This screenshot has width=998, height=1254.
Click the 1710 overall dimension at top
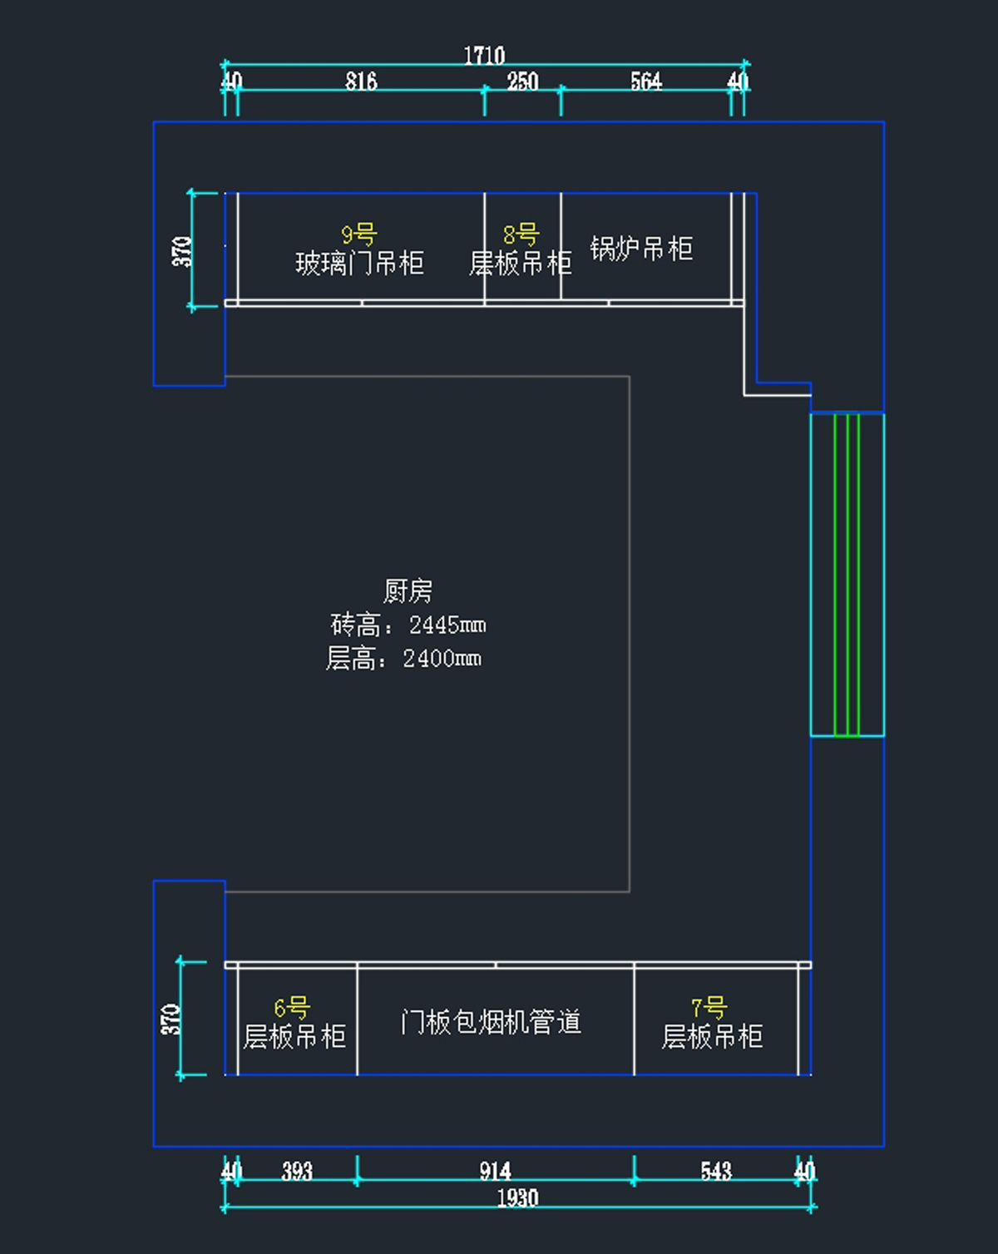(484, 56)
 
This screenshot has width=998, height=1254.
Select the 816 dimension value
(361, 81)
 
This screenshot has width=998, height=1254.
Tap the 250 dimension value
(522, 81)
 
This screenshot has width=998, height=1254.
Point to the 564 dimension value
(645, 81)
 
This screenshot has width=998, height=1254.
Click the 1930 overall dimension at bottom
(517, 1198)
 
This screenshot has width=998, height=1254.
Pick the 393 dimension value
(297, 1172)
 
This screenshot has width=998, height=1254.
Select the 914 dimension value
(495, 1172)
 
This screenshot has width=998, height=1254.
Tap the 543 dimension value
(715, 1172)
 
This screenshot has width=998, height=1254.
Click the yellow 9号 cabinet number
(359, 235)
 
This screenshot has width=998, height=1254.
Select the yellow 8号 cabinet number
(521, 235)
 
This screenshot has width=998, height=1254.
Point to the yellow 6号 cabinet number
(292, 1008)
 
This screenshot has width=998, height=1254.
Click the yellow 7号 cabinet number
(709, 1008)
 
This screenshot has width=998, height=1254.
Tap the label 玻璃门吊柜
(359, 264)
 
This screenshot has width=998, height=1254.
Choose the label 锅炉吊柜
(641, 249)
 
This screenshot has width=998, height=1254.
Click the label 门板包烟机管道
(491, 1022)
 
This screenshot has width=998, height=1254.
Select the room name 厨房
(408, 591)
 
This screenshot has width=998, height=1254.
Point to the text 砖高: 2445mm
(408, 625)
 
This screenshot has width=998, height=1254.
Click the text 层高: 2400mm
(404, 659)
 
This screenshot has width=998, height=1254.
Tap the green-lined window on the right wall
(847, 574)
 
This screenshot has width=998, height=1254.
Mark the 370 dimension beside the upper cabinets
(182, 251)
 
